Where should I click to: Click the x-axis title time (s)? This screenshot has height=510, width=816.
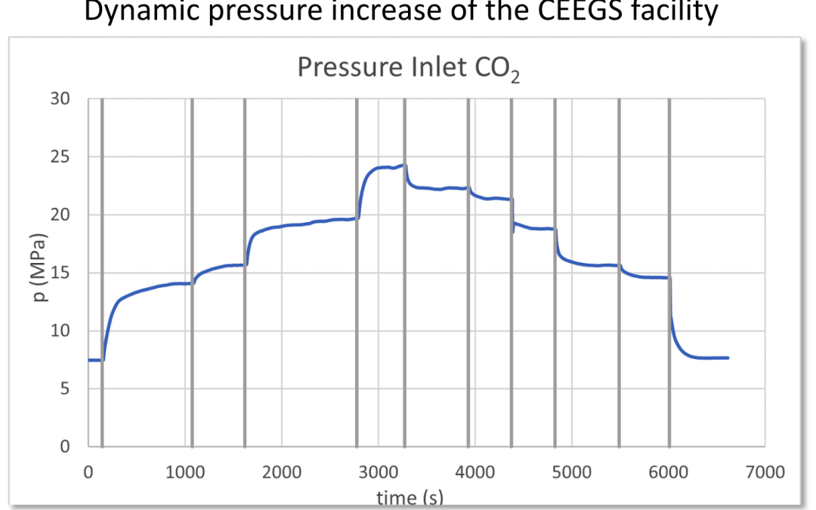410,497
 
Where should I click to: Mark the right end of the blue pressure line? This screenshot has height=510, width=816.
728,357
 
